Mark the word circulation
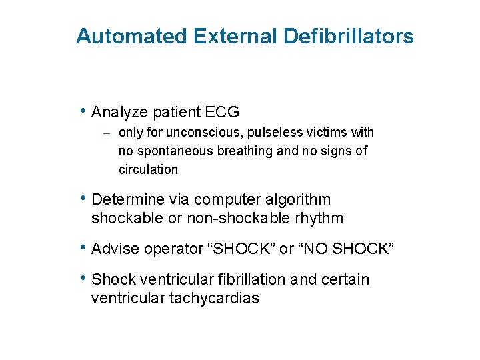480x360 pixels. [x=148, y=169]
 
